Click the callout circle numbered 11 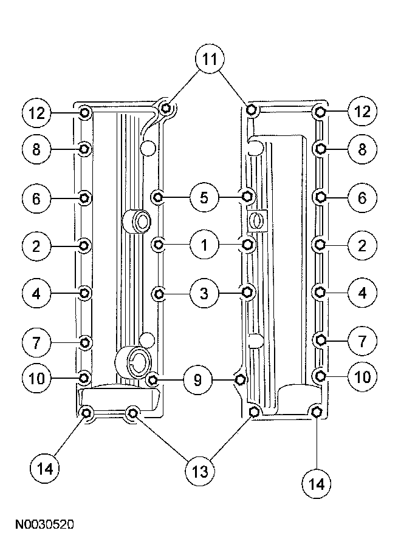(x=209, y=60)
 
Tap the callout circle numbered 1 (x=204, y=245)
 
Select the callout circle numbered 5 (x=204, y=197)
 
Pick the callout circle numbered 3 (x=204, y=294)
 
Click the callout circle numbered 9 (x=197, y=380)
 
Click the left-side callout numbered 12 (x=36, y=112)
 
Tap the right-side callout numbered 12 (x=362, y=112)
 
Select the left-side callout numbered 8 (x=36, y=148)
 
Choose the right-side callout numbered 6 (x=362, y=197)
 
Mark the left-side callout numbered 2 (x=36, y=246)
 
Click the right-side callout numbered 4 (x=362, y=293)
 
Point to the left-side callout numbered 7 (x=36, y=341)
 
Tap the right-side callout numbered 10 (x=362, y=377)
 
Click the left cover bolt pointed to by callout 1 (x=159, y=245)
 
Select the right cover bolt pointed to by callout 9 (x=241, y=380)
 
